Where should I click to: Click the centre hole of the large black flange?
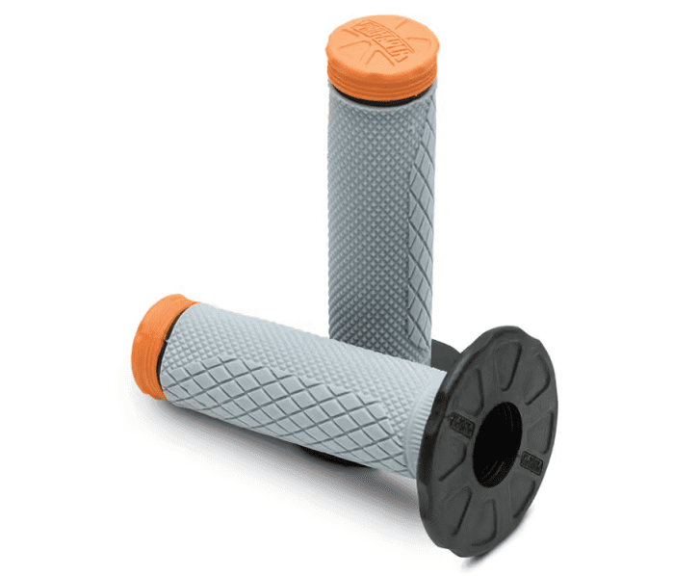[497, 443]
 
